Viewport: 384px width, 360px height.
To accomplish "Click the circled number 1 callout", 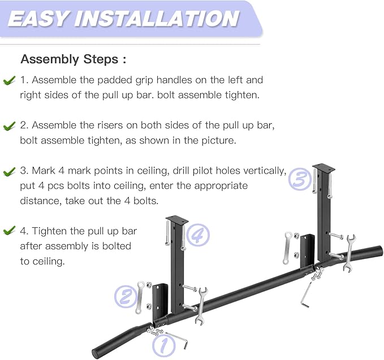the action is [x=164, y=346].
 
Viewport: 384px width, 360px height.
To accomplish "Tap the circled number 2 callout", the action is [x=126, y=296].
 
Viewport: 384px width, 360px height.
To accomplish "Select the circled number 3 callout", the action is [x=300, y=179].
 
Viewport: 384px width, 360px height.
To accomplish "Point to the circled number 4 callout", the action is [x=198, y=235].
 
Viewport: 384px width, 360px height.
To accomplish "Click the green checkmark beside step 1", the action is [x=9, y=80].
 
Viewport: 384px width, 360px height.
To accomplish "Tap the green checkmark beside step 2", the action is [x=9, y=126].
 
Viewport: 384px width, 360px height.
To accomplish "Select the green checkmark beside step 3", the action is [x=9, y=171].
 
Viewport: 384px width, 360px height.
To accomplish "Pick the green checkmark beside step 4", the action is [x=9, y=230].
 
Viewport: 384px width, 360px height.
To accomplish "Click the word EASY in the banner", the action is [x=38, y=19].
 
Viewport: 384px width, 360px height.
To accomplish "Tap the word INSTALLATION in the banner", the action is [x=157, y=19].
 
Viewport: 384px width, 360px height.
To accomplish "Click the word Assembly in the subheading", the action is [x=49, y=60].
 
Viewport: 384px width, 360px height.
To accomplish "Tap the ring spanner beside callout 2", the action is [x=140, y=297].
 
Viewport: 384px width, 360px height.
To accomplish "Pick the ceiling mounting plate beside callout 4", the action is [x=177, y=219].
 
